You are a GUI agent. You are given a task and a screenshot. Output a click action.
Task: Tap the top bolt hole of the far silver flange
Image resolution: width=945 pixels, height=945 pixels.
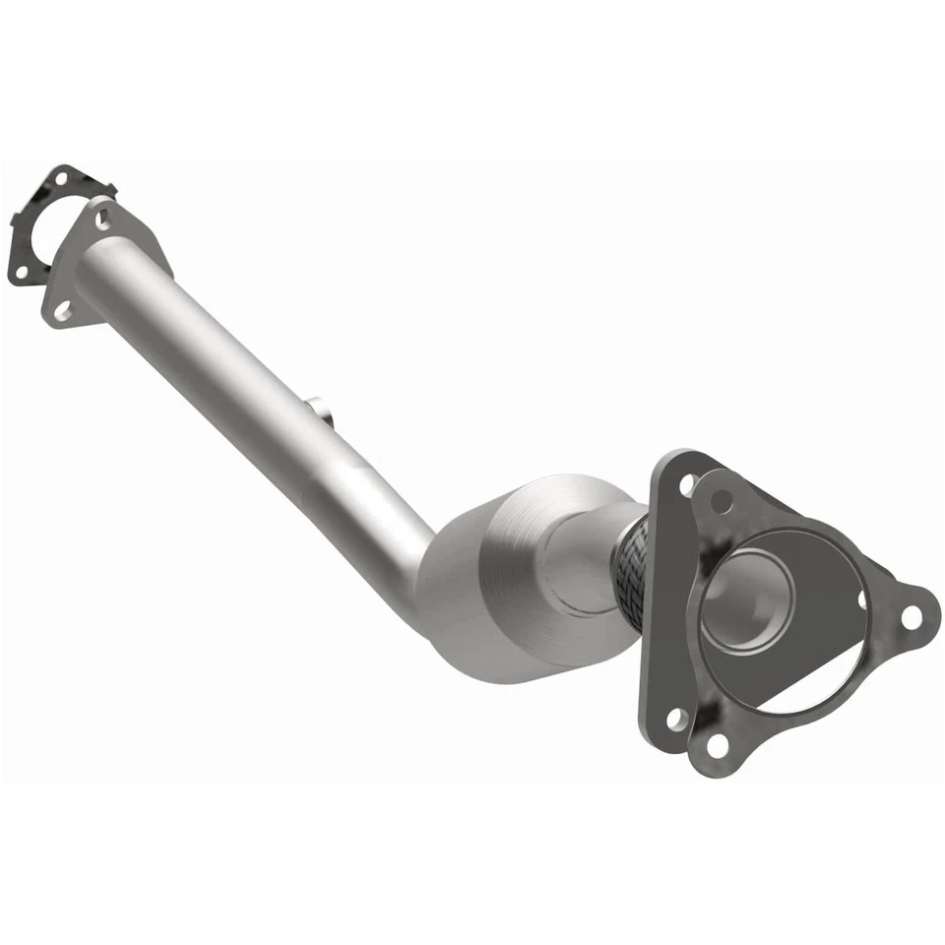click(102, 219)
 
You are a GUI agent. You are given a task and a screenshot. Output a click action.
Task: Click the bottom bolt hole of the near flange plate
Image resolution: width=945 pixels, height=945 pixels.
click(676, 719)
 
